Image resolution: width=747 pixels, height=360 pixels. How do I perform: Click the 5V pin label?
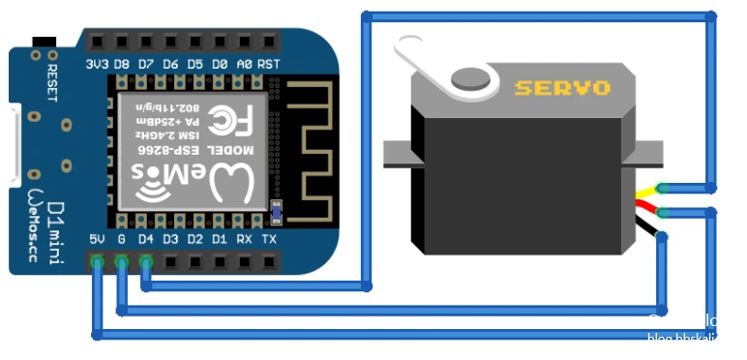(97, 239)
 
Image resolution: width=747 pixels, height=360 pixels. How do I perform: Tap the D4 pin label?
(146, 239)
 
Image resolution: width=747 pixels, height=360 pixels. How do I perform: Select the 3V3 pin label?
(97, 64)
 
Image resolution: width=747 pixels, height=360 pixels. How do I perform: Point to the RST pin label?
(269, 64)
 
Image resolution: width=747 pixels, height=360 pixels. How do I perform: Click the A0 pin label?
(245, 64)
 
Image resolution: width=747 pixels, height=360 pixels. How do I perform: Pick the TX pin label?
(269, 239)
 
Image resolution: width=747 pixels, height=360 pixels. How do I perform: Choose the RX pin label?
(245, 239)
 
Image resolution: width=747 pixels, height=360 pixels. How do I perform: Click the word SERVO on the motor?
(562, 88)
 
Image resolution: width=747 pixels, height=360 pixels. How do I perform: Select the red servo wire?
(645, 207)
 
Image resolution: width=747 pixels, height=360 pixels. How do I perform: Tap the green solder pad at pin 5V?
(97, 261)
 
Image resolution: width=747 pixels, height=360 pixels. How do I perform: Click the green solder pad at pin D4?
(146, 261)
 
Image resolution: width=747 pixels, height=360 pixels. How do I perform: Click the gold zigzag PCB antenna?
(311, 145)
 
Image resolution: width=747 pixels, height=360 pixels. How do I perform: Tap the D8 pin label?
(121, 64)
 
